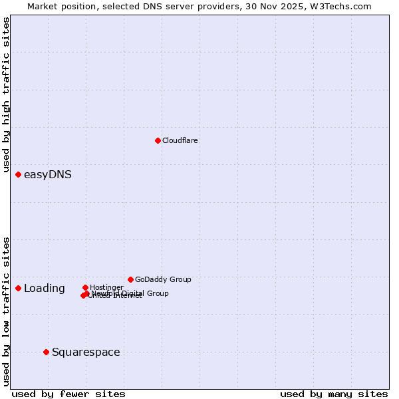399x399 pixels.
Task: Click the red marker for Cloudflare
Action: coord(158,140)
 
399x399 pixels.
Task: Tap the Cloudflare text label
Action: coord(180,140)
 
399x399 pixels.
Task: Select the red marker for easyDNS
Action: coord(18,174)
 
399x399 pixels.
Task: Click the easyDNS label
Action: coord(48,175)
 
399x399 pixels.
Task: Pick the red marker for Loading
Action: coord(18,288)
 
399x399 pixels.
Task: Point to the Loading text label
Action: coord(45,289)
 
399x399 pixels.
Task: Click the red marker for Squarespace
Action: coord(46,352)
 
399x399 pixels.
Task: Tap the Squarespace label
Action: coord(86,352)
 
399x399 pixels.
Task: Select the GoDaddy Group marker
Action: coord(130,279)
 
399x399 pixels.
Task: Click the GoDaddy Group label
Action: coord(163,279)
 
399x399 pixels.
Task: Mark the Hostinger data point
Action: coord(85,287)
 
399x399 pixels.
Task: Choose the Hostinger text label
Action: coord(106,287)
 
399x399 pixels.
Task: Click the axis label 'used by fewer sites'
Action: coord(68,394)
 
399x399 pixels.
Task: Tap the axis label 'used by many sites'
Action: coord(334,394)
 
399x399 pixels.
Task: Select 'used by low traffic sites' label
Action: coord(7,311)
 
